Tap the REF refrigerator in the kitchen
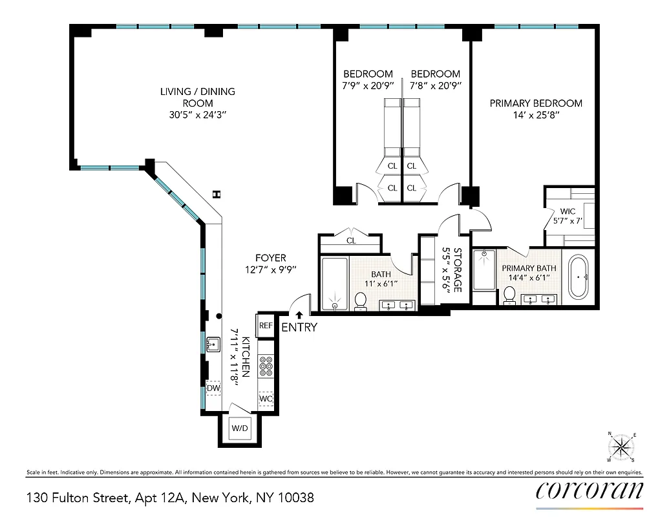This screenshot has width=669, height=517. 266,325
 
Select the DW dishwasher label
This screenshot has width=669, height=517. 213,388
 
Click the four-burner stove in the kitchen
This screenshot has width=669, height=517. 266,366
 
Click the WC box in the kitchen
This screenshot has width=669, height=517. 266,399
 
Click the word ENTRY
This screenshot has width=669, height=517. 299,327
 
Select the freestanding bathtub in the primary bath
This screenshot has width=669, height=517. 579,277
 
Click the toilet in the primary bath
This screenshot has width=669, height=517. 509,295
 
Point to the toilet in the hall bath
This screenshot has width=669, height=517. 361,300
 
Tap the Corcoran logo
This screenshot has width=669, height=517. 589,491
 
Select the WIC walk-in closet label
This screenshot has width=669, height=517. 568,211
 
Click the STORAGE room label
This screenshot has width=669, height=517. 458,269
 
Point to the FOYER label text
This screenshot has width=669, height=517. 270,258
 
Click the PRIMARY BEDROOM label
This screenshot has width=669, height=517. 535,103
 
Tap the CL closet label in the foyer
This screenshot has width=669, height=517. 351,241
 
